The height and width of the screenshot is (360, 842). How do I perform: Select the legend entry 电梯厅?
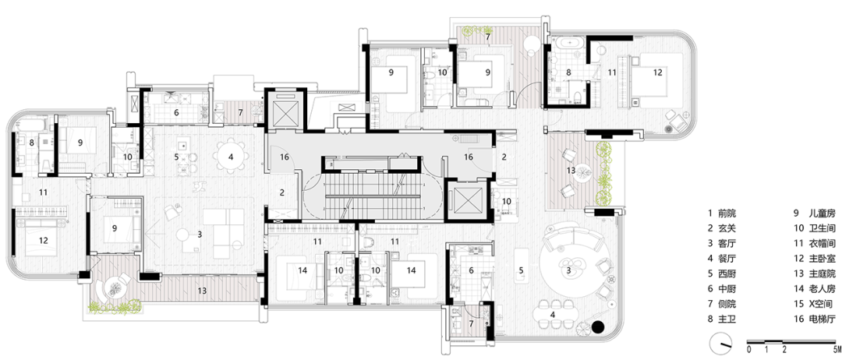point(815,319)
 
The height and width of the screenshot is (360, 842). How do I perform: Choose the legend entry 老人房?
point(815,288)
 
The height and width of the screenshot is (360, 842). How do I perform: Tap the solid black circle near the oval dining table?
point(596,327)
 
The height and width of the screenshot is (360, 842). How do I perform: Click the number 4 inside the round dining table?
point(231,157)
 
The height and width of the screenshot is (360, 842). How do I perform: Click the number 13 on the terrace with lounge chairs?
point(571,170)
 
